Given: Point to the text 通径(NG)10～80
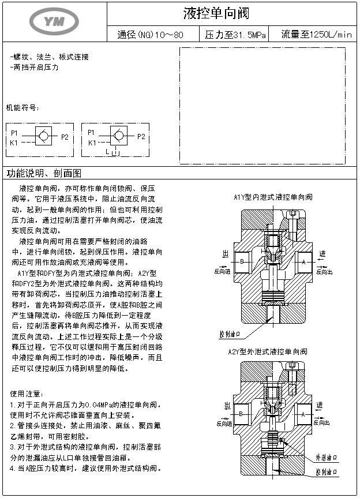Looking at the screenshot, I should click(x=150, y=35).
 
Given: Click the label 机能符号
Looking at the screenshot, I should click(x=22, y=108).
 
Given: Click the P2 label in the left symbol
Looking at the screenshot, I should click(x=65, y=137).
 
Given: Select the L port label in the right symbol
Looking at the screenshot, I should click(x=108, y=152).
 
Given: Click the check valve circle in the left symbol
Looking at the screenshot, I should click(x=42, y=137).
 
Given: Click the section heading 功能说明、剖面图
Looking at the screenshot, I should click(x=44, y=173).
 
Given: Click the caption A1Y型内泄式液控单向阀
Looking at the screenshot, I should click(x=273, y=197).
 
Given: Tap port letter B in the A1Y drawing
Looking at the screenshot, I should click(x=242, y=262).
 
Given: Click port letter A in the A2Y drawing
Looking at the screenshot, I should click(x=303, y=414).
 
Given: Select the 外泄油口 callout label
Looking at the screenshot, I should click(x=325, y=458).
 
